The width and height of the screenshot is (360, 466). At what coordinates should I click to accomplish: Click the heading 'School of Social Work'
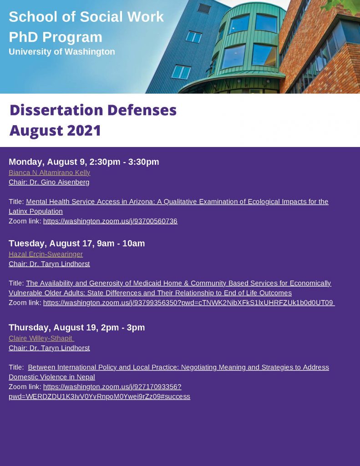click(86, 17)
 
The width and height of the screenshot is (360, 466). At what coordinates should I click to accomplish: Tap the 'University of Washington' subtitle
click(62, 52)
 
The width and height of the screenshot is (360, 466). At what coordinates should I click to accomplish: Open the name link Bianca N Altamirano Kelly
click(49, 173)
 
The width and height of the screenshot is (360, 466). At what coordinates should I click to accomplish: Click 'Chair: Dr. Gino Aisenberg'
click(49, 182)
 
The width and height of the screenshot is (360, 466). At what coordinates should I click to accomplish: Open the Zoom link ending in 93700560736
click(110, 221)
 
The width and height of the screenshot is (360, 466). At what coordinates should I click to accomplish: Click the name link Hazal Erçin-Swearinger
click(46, 254)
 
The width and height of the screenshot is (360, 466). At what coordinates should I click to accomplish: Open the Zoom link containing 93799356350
click(188, 303)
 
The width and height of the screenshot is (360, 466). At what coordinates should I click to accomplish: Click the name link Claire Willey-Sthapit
click(41, 339)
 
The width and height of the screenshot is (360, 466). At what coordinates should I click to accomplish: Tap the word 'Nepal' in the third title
click(86, 377)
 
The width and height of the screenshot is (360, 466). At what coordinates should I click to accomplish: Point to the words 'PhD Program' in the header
click(56, 37)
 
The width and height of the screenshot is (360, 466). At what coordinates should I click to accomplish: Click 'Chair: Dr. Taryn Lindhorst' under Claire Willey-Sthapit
click(49, 348)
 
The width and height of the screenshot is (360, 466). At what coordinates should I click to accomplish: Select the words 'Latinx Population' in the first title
click(35, 212)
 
